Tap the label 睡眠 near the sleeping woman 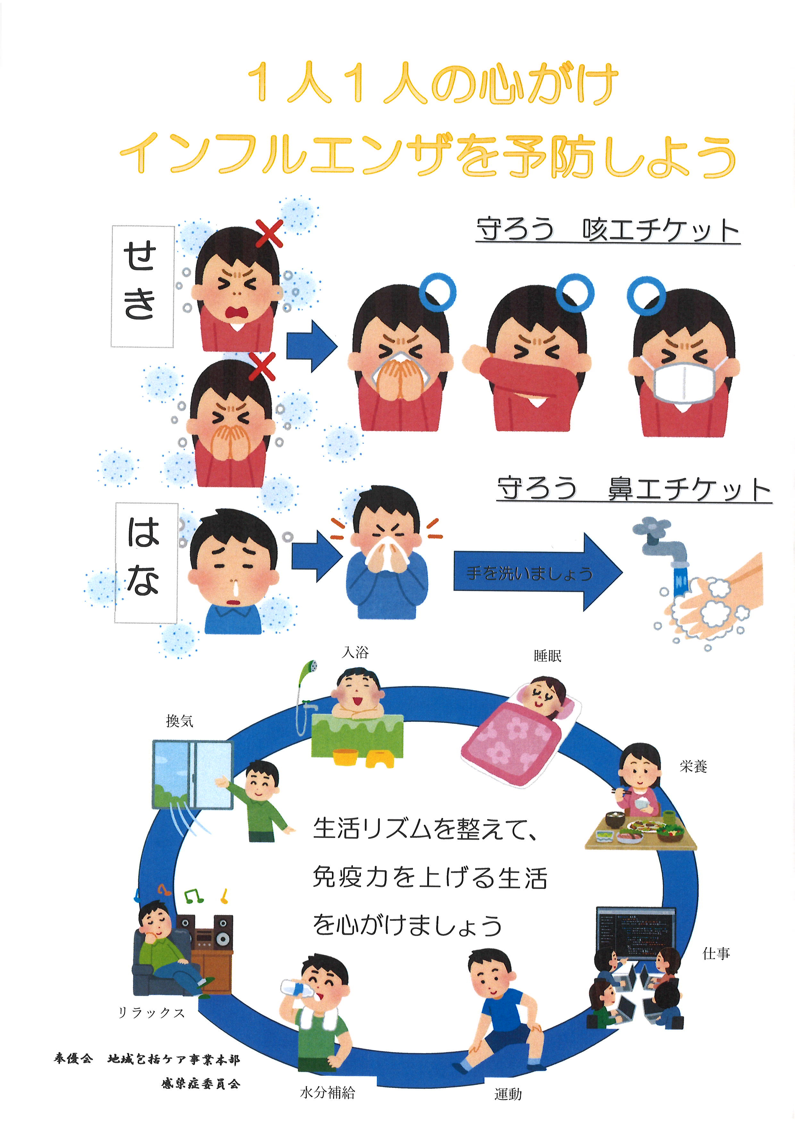pyautogui.click(x=547, y=656)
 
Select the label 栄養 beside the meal pyautogui.click(x=693, y=766)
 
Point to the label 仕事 pyautogui.click(x=716, y=953)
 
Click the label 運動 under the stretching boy pyautogui.click(x=508, y=1094)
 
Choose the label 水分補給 pyautogui.click(x=328, y=1093)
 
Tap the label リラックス pyautogui.click(x=151, y=1013)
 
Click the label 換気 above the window pyautogui.click(x=180, y=721)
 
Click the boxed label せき pyautogui.click(x=142, y=287)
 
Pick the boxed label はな pyautogui.click(x=146, y=563)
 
